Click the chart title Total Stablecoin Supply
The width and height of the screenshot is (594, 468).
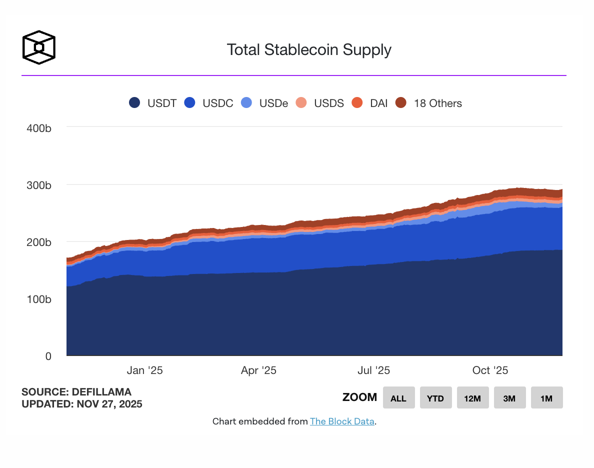tap(308, 49)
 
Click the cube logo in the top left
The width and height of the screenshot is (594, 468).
tap(38, 47)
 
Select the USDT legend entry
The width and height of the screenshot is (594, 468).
tap(153, 103)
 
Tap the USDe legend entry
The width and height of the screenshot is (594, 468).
tap(265, 103)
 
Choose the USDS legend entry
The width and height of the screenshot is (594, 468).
tap(320, 103)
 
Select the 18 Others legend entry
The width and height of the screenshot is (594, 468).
tap(428, 103)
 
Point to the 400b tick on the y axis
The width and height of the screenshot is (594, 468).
tap(38, 128)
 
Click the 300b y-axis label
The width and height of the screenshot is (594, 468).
tap(38, 185)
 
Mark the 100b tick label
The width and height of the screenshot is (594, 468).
tap(38, 299)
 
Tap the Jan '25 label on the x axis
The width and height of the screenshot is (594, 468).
tap(144, 370)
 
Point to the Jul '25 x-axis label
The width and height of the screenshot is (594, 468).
tap(374, 370)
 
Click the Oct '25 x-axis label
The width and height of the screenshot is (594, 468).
tap(490, 370)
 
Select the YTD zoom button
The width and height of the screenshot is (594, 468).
tap(435, 398)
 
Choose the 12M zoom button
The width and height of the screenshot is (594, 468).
tap(472, 398)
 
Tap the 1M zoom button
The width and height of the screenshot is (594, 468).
tap(546, 398)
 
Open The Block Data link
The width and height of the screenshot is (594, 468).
tap(342, 421)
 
